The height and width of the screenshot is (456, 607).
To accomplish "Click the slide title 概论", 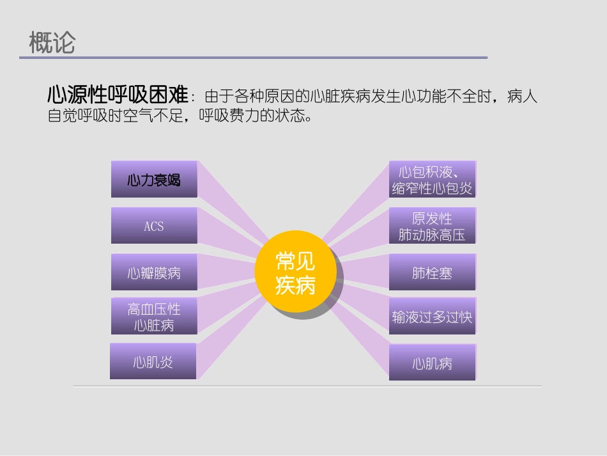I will click(x=52, y=43).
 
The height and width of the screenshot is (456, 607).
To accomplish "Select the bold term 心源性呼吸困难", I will click(x=118, y=96).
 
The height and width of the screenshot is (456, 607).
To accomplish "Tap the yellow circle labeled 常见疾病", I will click(x=295, y=273).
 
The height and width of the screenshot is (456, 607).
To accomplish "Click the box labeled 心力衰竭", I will click(x=154, y=180).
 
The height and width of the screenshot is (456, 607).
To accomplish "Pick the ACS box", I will click(x=154, y=226).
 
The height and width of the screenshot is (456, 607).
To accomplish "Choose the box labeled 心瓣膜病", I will click(x=154, y=273).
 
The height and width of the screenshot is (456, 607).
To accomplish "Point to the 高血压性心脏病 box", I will click(x=154, y=317).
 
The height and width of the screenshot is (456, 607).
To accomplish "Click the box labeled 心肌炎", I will click(x=153, y=362).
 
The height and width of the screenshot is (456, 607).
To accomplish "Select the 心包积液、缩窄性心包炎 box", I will click(x=433, y=180).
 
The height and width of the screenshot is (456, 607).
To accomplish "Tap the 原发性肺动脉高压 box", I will click(x=433, y=226).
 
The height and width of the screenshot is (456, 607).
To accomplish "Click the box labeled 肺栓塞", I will click(x=433, y=273).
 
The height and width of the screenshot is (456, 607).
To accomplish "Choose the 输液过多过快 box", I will click(x=433, y=317).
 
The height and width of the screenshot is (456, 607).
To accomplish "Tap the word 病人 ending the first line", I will click(x=523, y=97).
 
